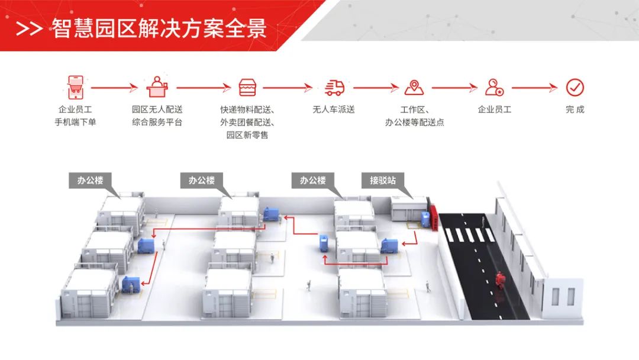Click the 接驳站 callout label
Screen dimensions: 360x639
[x=383, y=181]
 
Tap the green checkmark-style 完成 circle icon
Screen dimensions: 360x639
[x=575, y=88]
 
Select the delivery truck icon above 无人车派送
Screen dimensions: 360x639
[x=334, y=88]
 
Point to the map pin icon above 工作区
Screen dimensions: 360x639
[x=414, y=88]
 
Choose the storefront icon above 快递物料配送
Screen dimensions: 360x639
[x=247, y=88]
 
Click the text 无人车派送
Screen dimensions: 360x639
[x=334, y=110]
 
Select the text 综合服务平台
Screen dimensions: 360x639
[x=157, y=123]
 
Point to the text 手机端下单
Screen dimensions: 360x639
[x=75, y=123]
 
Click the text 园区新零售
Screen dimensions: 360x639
[x=247, y=136]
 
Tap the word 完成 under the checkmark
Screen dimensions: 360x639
[x=575, y=110]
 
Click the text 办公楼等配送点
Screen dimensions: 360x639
[x=414, y=123]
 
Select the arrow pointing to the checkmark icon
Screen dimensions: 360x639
[x=534, y=88]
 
